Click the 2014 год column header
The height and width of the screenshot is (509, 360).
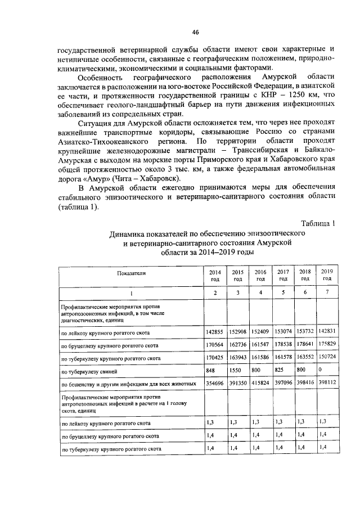214,274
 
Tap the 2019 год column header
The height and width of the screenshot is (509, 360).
327,274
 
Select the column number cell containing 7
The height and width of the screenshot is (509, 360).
327,293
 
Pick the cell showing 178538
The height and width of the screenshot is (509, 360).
283,344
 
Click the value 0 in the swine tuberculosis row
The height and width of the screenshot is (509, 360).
321,371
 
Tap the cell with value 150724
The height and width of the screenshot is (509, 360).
327,357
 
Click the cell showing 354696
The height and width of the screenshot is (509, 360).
214,384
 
